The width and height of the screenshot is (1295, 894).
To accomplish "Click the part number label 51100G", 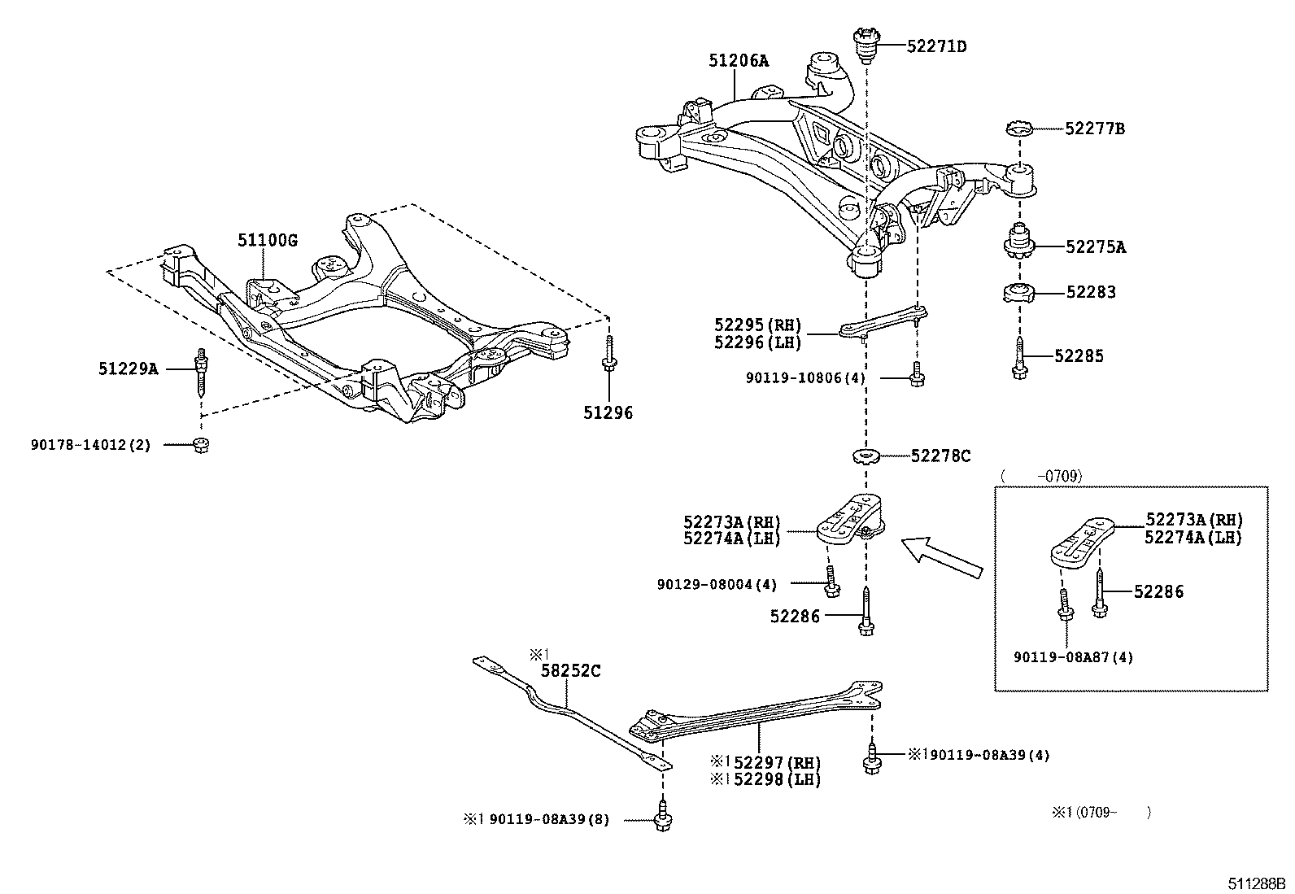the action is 268,241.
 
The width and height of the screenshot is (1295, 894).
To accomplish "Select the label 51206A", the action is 738,60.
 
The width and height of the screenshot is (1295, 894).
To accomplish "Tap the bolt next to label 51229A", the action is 199,370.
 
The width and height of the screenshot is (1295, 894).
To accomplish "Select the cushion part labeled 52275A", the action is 1018,243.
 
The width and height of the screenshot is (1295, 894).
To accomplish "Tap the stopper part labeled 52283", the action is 1018,292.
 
